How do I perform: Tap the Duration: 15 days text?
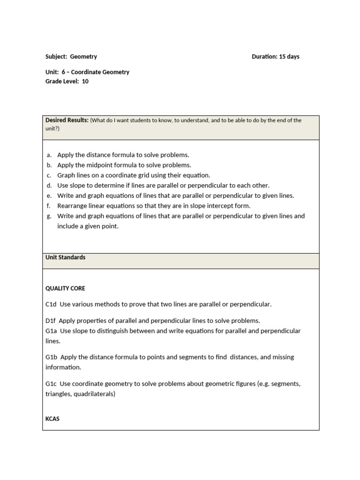click(x=275, y=57)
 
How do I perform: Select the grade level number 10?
click(x=85, y=82)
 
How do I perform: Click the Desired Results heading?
click(x=67, y=120)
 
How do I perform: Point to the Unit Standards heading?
click(x=65, y=257)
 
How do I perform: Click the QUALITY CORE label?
click(x=65, y=288)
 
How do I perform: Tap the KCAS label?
click(x=52, y=419)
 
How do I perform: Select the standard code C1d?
click(x=51, y=304)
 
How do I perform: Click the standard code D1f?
click(x=51, y=321)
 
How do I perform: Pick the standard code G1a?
click(x=51, y=331)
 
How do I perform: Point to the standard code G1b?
click(x=51, y=357)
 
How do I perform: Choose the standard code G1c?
click(x=51, y=384)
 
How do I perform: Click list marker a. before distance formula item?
click(x=49, y=155)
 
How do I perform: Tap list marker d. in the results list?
click(x=49, y=186)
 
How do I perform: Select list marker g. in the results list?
click(x=49, y=216)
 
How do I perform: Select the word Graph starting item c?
click(x=66, y=175)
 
